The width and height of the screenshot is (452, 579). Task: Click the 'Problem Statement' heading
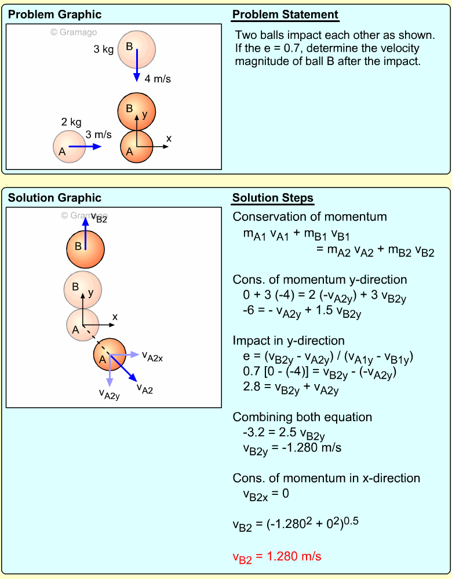[285, 15]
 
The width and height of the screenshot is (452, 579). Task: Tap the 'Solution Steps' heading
[272, 198]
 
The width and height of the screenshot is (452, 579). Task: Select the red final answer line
[276, 556]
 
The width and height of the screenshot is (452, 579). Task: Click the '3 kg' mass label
[104, 49]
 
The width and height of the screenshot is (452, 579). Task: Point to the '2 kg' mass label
[71, 122]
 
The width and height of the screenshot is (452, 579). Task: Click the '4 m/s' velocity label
[158, 78]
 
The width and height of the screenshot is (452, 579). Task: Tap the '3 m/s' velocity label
[99, 135]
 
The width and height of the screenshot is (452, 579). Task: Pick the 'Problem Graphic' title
[54, 15]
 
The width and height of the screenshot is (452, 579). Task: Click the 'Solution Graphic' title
[54, 198]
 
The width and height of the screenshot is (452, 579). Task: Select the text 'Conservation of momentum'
[309, 217]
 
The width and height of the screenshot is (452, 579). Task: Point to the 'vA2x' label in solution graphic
[152, 357]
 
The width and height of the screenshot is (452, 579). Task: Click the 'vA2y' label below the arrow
[109, 395]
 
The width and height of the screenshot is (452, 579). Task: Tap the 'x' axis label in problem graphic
[169, 139]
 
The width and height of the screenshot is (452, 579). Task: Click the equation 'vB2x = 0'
[266, 494]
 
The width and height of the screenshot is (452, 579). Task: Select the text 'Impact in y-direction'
[289, 341]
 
